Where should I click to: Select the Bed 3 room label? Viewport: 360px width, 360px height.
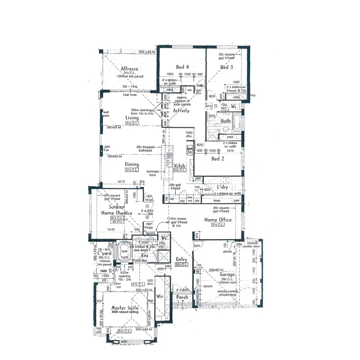(227, 67)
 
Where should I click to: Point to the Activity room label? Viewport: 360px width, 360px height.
(181, 111)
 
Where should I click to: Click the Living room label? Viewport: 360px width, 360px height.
(132, 118)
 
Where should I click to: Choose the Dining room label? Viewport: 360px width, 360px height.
(132, 165)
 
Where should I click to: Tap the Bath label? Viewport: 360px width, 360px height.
(226, 121)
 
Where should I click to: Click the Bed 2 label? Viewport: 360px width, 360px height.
(218, 159)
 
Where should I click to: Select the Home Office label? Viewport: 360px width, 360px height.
(218, 220)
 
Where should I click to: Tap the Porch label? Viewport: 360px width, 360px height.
(182, 297)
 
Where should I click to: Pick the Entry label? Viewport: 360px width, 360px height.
(182, 259)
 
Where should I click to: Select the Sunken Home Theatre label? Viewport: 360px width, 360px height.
(117, 210)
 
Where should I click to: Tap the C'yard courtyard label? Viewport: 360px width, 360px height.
(104, 253)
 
